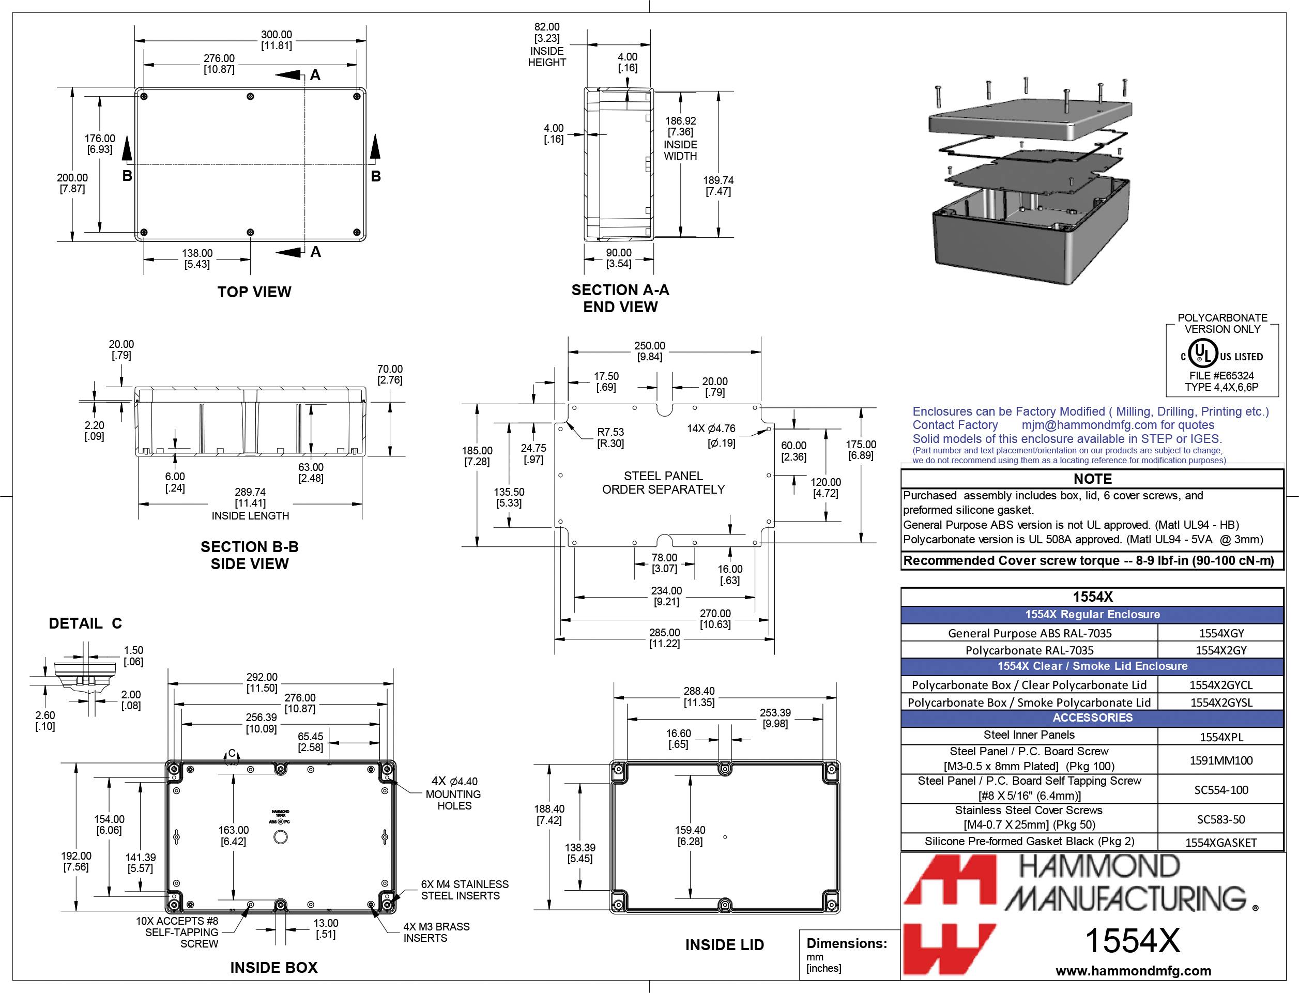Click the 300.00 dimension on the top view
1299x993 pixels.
277,40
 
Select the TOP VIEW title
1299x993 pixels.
254,292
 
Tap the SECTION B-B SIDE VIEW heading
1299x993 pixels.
249,555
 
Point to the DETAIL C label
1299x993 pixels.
85,623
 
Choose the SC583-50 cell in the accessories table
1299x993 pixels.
1220,819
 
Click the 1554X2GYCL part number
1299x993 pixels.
1220,685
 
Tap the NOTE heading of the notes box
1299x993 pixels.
1092,479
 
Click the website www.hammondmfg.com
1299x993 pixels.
1133,971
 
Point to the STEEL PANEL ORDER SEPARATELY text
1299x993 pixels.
663,483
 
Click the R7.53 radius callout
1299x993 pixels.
610,437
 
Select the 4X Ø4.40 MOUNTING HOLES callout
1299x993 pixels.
454,793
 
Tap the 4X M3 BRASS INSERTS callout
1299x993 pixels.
436,932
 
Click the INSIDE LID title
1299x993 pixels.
724,945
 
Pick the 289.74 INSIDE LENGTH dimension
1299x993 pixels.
250,503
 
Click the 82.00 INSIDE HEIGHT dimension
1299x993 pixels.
547,44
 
